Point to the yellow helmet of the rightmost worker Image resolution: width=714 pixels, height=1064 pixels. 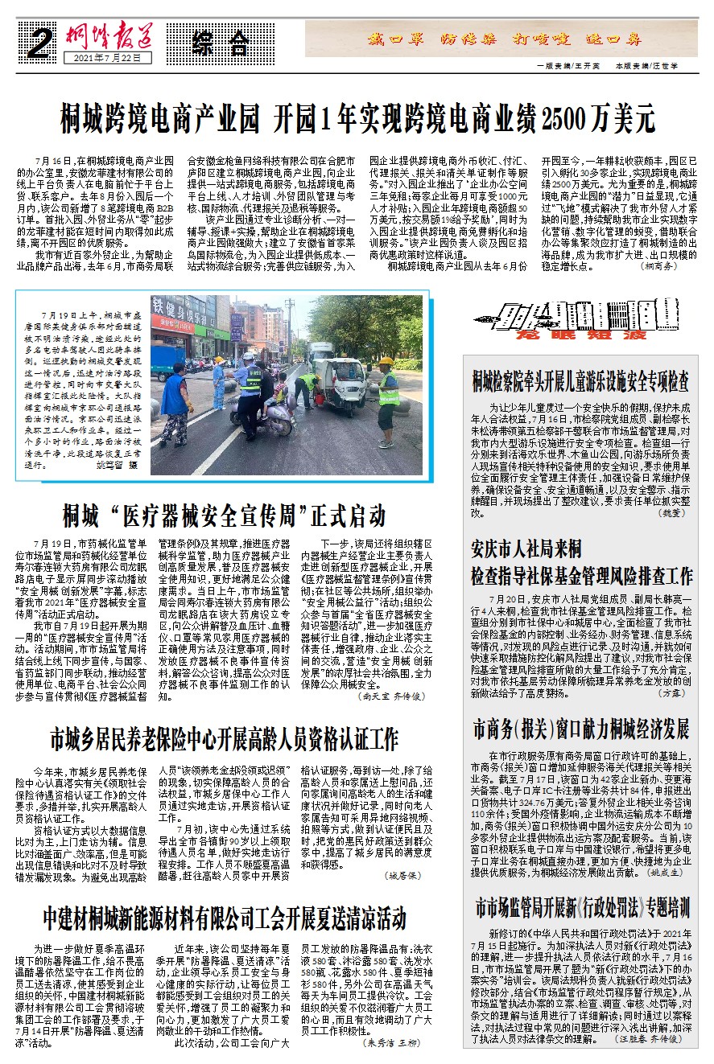(x=386, y=362)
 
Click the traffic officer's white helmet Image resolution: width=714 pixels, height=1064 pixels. (x=248, y=356)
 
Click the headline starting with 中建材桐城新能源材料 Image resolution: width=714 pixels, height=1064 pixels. (x=225, y=916)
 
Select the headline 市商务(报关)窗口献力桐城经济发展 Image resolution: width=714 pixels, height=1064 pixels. (x=581, y=729)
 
